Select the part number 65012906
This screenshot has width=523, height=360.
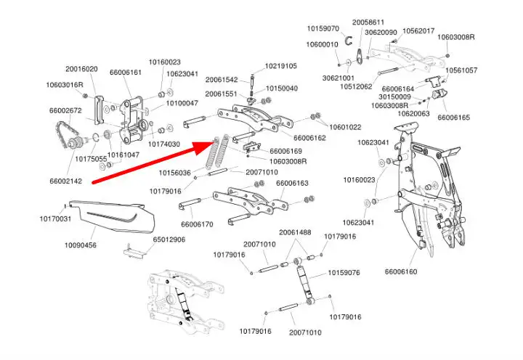[x=170, y=239]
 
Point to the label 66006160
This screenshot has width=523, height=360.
[x=401, y=272]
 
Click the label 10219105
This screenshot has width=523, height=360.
[x=280, y=66]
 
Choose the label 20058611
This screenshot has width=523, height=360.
[x=369, y=22]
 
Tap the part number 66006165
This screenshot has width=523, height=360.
[x=454, y=118]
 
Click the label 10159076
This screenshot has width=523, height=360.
[x=344, y=273]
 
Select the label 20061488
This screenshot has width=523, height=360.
[x=296, y=232]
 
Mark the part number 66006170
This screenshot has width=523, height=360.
[x=197, y=224]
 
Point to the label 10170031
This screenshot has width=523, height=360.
[x=55, y=218]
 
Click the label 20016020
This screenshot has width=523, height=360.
[x=81, y=69]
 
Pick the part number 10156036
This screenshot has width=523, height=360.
[x=175, y=173]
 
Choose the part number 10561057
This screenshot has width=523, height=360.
[x=461, y=70]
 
